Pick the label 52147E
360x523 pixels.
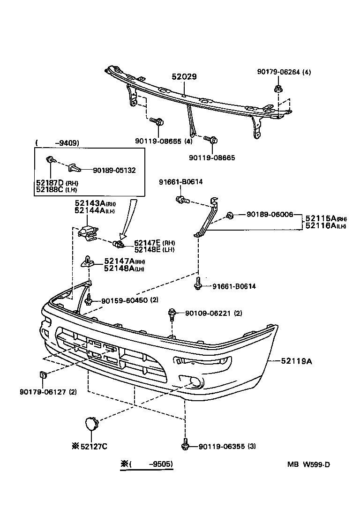tap(147, 242)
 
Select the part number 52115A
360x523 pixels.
tap(321, 218)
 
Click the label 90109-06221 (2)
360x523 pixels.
tap(213, 313)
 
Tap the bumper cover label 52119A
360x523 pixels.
tap(297, 361)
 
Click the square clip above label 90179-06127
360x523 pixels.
tap(42, 375)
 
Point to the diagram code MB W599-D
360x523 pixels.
tap(309, 465)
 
